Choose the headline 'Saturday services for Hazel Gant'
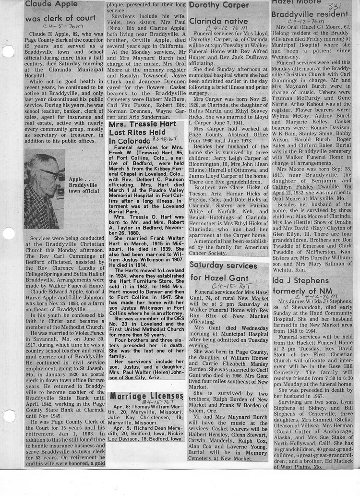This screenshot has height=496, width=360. click(x=223, y=271)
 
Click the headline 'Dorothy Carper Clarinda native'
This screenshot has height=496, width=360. click(x=218, y=13)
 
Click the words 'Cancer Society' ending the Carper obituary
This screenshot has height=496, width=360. click(x=208, y=253)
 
